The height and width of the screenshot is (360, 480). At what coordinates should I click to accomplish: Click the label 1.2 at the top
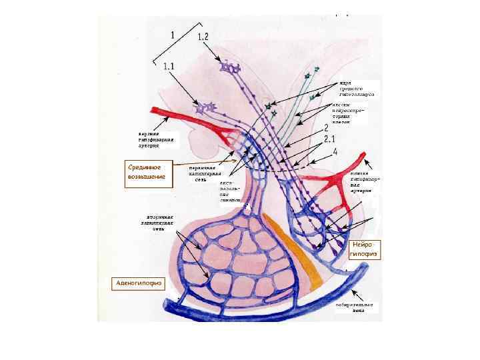coord(203,37)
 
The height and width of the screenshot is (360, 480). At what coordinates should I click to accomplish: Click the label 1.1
coord(169,66)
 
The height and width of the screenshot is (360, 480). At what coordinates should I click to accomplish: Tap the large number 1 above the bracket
coord(173,33)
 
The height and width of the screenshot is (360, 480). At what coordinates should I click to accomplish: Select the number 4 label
coord(335,152)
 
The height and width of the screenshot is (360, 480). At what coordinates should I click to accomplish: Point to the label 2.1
coord(329,139)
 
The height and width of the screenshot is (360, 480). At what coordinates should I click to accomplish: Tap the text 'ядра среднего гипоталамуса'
coord(357,89)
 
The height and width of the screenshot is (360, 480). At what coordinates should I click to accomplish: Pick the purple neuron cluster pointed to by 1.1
coord(205,107)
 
